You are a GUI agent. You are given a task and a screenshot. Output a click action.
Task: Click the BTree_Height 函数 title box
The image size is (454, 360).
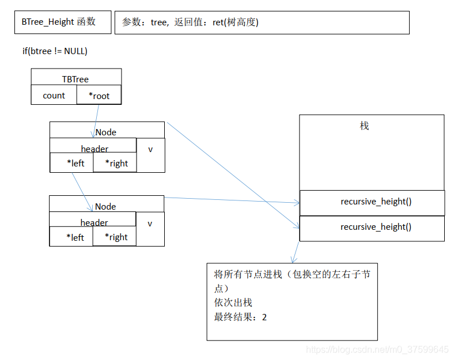(58, 22)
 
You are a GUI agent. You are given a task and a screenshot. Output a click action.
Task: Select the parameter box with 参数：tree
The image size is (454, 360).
(262, 22)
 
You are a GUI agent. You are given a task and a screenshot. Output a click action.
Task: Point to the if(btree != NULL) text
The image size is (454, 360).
(55, 51)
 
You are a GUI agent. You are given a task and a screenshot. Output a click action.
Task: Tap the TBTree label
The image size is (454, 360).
(75, 78)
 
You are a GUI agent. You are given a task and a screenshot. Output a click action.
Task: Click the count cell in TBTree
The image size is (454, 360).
(54, 96)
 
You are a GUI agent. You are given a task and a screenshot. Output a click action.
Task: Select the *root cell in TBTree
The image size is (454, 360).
(99, 96)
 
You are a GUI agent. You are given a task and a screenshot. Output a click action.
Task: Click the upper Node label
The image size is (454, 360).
(106, 132)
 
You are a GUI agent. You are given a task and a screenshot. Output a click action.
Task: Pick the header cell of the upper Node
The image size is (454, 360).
(94, 149)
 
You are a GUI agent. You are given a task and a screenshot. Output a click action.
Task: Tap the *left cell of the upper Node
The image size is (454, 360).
(71, 163)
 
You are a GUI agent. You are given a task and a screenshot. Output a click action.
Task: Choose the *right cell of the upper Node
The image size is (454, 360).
(115, 163)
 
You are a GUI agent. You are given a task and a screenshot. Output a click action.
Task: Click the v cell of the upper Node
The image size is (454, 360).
(150, 149)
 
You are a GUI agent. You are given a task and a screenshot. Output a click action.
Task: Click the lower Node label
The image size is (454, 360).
(105, 206)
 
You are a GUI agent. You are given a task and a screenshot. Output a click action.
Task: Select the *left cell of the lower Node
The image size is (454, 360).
(71, 237)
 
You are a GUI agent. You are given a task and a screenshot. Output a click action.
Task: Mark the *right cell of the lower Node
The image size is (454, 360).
(115, 237)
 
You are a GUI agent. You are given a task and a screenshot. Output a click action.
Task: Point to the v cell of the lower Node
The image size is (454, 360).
(150, 223)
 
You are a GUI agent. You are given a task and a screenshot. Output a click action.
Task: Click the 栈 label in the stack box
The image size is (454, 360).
(364, 126)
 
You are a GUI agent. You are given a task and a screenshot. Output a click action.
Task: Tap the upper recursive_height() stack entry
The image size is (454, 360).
(372, 202)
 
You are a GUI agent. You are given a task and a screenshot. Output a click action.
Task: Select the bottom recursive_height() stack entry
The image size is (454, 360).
(372, 227)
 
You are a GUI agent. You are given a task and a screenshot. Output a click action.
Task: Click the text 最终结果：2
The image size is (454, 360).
(240, 317)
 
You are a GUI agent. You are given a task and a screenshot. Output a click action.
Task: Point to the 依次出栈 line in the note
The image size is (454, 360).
(233, 302)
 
